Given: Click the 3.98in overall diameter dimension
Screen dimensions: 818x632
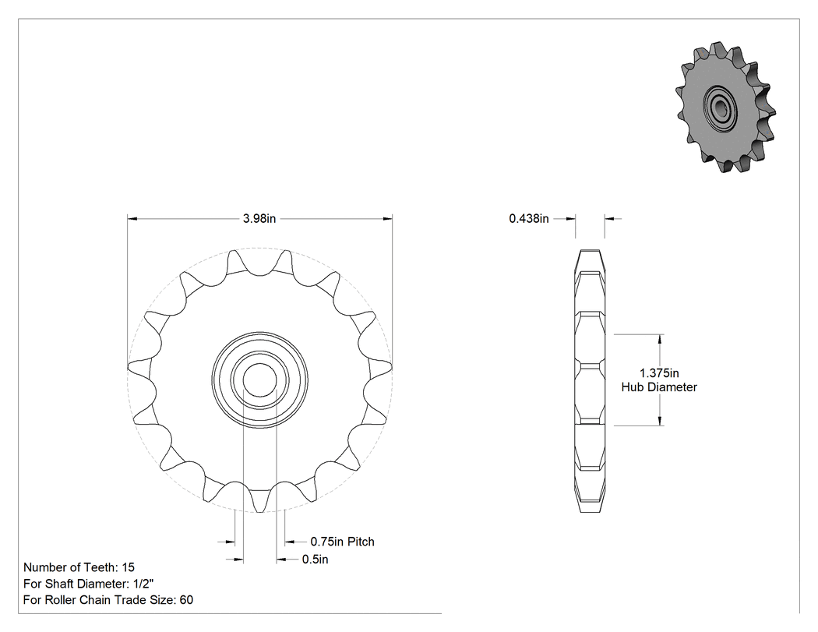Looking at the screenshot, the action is tap(259, 219).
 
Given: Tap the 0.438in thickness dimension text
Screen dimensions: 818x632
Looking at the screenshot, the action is tap(529, 219).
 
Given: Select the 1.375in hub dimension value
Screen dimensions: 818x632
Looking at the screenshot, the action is tap(659, 373).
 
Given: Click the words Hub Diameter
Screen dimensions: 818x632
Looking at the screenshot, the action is tap(659, 387).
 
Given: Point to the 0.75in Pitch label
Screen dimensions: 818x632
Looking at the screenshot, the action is tap(342, 542).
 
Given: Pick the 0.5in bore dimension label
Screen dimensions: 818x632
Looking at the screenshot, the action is tap(315, 560).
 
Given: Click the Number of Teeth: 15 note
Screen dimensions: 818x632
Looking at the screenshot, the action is tap(79, 567).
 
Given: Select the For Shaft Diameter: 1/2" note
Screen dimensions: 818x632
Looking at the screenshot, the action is tap(88, 584).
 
